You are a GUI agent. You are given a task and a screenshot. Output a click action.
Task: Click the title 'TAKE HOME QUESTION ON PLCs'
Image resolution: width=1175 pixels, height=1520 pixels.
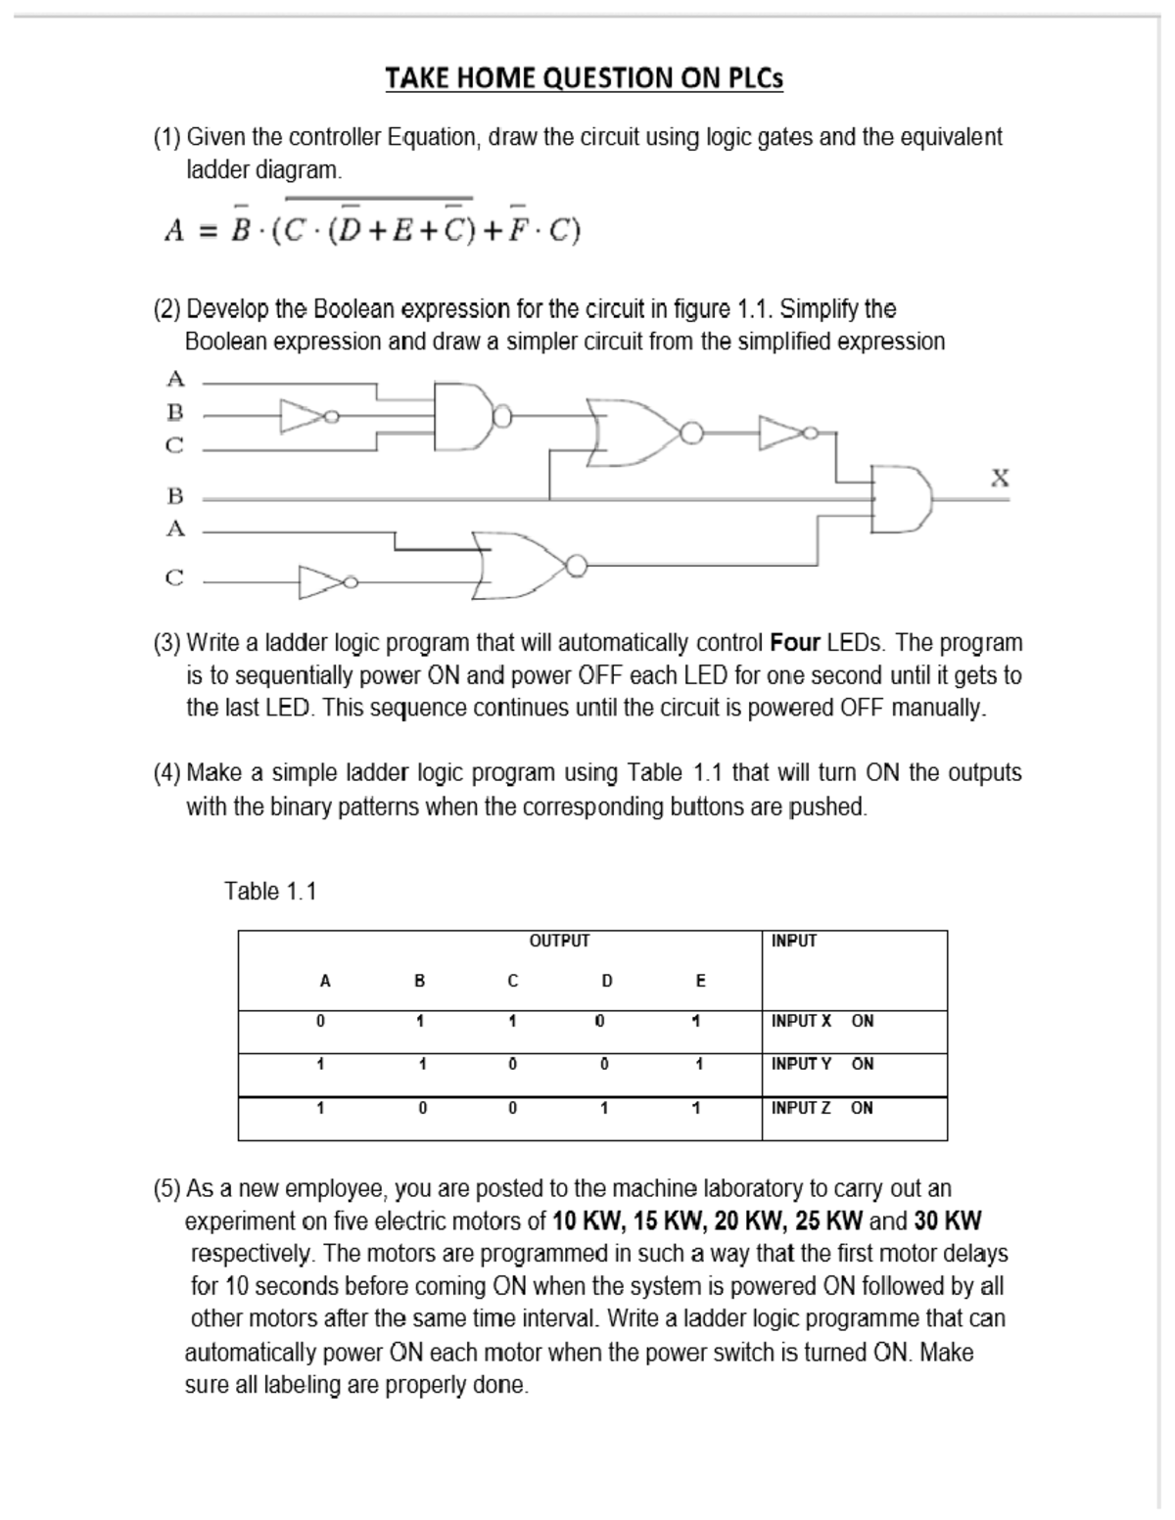[x=584, y=78]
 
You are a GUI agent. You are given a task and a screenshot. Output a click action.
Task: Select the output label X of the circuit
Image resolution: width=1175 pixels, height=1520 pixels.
[x=999, y=478]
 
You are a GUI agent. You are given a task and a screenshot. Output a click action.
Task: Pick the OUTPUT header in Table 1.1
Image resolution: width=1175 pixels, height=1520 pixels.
[x=559, y=941]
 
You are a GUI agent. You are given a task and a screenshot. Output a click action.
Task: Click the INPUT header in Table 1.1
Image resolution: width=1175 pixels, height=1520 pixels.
[x=793, y=941]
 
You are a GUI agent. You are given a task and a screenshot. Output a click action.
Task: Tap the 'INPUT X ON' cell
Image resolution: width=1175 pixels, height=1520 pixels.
[x=822, y=1021]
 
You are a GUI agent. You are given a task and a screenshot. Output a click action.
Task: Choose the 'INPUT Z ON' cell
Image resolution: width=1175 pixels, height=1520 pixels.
[x=822, y=1108]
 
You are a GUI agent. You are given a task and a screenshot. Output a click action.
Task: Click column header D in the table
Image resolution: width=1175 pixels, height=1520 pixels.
[x=606, y=981]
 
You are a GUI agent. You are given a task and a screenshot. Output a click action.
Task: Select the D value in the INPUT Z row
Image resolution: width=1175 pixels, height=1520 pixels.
[x=604, y=1108]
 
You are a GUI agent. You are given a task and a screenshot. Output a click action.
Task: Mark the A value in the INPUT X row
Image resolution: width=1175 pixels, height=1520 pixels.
[x=320, y=1021]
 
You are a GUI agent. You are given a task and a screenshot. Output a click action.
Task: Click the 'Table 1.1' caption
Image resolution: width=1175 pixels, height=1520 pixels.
[x=270, y=891]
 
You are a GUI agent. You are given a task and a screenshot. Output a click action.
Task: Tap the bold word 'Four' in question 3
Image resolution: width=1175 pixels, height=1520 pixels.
[x=795, y=643]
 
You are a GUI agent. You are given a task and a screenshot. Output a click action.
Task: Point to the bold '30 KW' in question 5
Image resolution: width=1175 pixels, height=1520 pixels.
[x=948, y=1221]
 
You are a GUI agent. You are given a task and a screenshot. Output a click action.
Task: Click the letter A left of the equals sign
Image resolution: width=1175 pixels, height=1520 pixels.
[x=174, y=231]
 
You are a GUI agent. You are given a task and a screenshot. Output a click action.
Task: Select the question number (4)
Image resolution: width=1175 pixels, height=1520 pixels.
[x=166, y=773]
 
